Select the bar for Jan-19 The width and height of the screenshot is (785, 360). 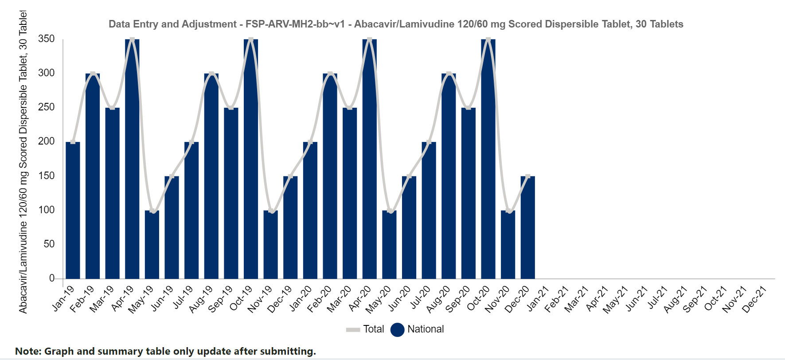pyautogui.click(x=73, y=210)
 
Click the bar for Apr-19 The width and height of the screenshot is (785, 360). pyautogui.click(x=132, y=159)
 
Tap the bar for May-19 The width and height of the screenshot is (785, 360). pyautogui.click(x=152, y=244)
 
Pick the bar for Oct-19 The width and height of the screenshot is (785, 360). pyautogui.click(x=251, y=159)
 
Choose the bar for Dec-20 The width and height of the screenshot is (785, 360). pyautogui.click(x=528, y=227)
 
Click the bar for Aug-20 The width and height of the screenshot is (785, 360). pyautogui.click(x=449, y=176)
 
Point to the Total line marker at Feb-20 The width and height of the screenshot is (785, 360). pyautogui.click(x=330, y=74)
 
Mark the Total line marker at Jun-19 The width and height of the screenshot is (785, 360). pyautogui.click(x=172, y=176)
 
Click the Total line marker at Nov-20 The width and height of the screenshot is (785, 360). pyautogui.click(x=508, y=211)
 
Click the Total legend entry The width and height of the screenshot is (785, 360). pyautogui.click(x=365, y=329)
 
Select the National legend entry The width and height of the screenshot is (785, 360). pyautogui.click(x=417, y=329)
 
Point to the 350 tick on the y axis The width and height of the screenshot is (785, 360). pyautogui.click(x=47, y=39)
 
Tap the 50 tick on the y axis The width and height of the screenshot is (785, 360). pyautogui.click(x=49, y=244)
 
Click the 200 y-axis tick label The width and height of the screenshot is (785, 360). pyautogui.click(x=47, y=141)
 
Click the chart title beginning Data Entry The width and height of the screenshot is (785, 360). pyautogui.click(x=396, y=24)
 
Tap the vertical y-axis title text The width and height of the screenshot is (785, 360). pyautogui.click(x=23, y=162)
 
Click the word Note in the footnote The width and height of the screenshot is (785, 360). pyautogui.click(x=28, y=351)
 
